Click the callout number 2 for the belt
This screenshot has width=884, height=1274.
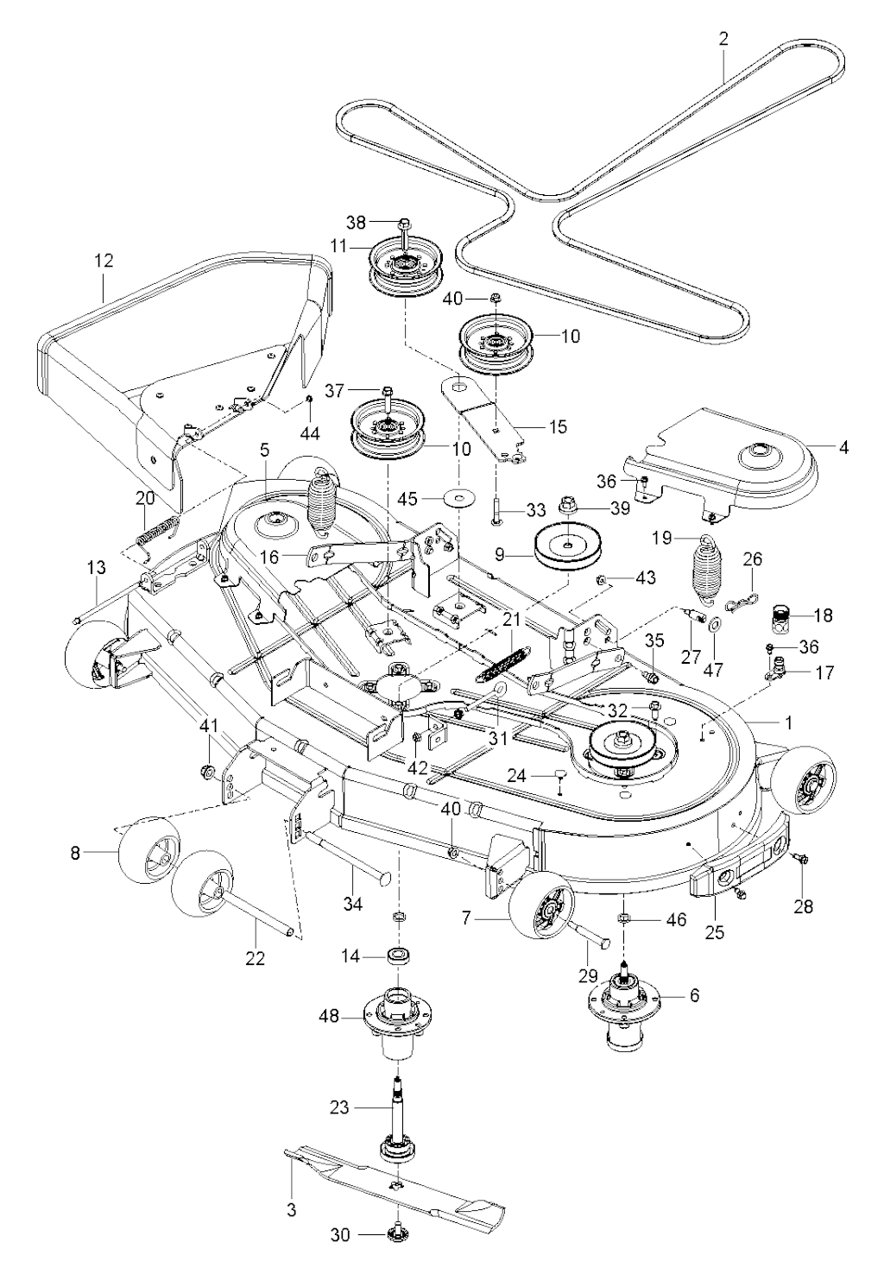(x=723, y=39)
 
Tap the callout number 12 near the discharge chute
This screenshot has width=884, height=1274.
(x=104, y=261)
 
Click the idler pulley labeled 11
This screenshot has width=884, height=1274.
(x=405, y=266)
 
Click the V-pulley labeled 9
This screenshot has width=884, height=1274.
(x=568, y=553)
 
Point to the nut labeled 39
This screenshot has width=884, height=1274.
(x=570, y=505)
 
